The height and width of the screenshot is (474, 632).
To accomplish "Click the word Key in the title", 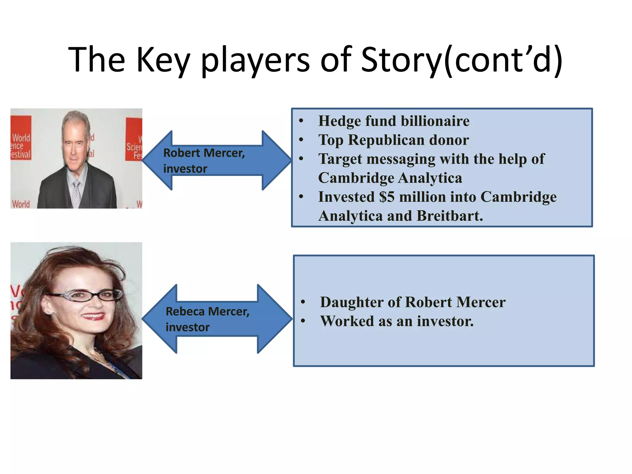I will pyautogui.click(x=163, y=60).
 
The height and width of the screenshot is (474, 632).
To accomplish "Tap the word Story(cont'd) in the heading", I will pyautogui.click(x=461, y=60).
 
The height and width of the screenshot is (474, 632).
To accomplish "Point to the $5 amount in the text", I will pyautogui.click(x=387, y=197).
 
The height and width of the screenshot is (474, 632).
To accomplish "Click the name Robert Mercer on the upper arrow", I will pyautogui.click(x=204, y=153).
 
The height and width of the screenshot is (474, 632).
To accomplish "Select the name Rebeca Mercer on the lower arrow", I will pyautogui.click(x=207, y=312).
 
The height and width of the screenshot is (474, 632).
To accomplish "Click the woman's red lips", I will pyautogui.click(x=93, y=316).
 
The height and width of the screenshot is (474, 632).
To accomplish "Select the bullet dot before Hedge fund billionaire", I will pyautogui.click(x=301, y=121).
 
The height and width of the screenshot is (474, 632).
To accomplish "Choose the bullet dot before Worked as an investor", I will pyautogui.click(x=303, y=321).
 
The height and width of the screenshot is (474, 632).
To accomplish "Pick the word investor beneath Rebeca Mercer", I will pyautogui.click(x=187, y=327).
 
